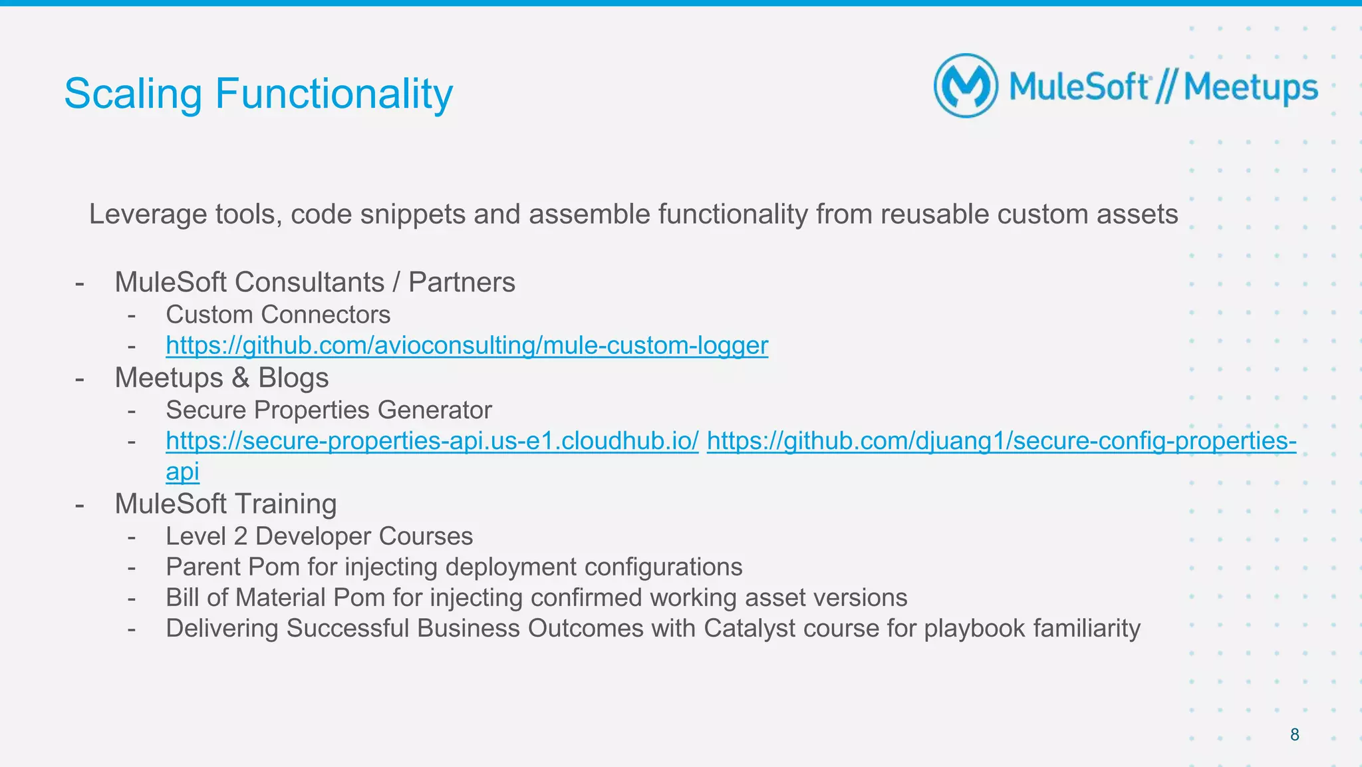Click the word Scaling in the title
click(132, 94)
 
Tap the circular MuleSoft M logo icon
click(966, 86)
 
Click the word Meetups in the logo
click(1250, 88)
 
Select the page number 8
click(1294, 734)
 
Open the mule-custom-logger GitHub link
click(466, 345)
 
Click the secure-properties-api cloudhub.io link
click(432, 440)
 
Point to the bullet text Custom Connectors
click(277, 315)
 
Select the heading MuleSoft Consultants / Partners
click(315, 282)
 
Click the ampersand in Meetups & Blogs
click(240, 378)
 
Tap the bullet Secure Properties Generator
click(329, 410)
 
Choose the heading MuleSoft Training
click(225, 504)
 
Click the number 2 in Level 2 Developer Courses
click(240, 536)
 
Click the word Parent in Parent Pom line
click(203, 567)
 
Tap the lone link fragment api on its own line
click(182, 472)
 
